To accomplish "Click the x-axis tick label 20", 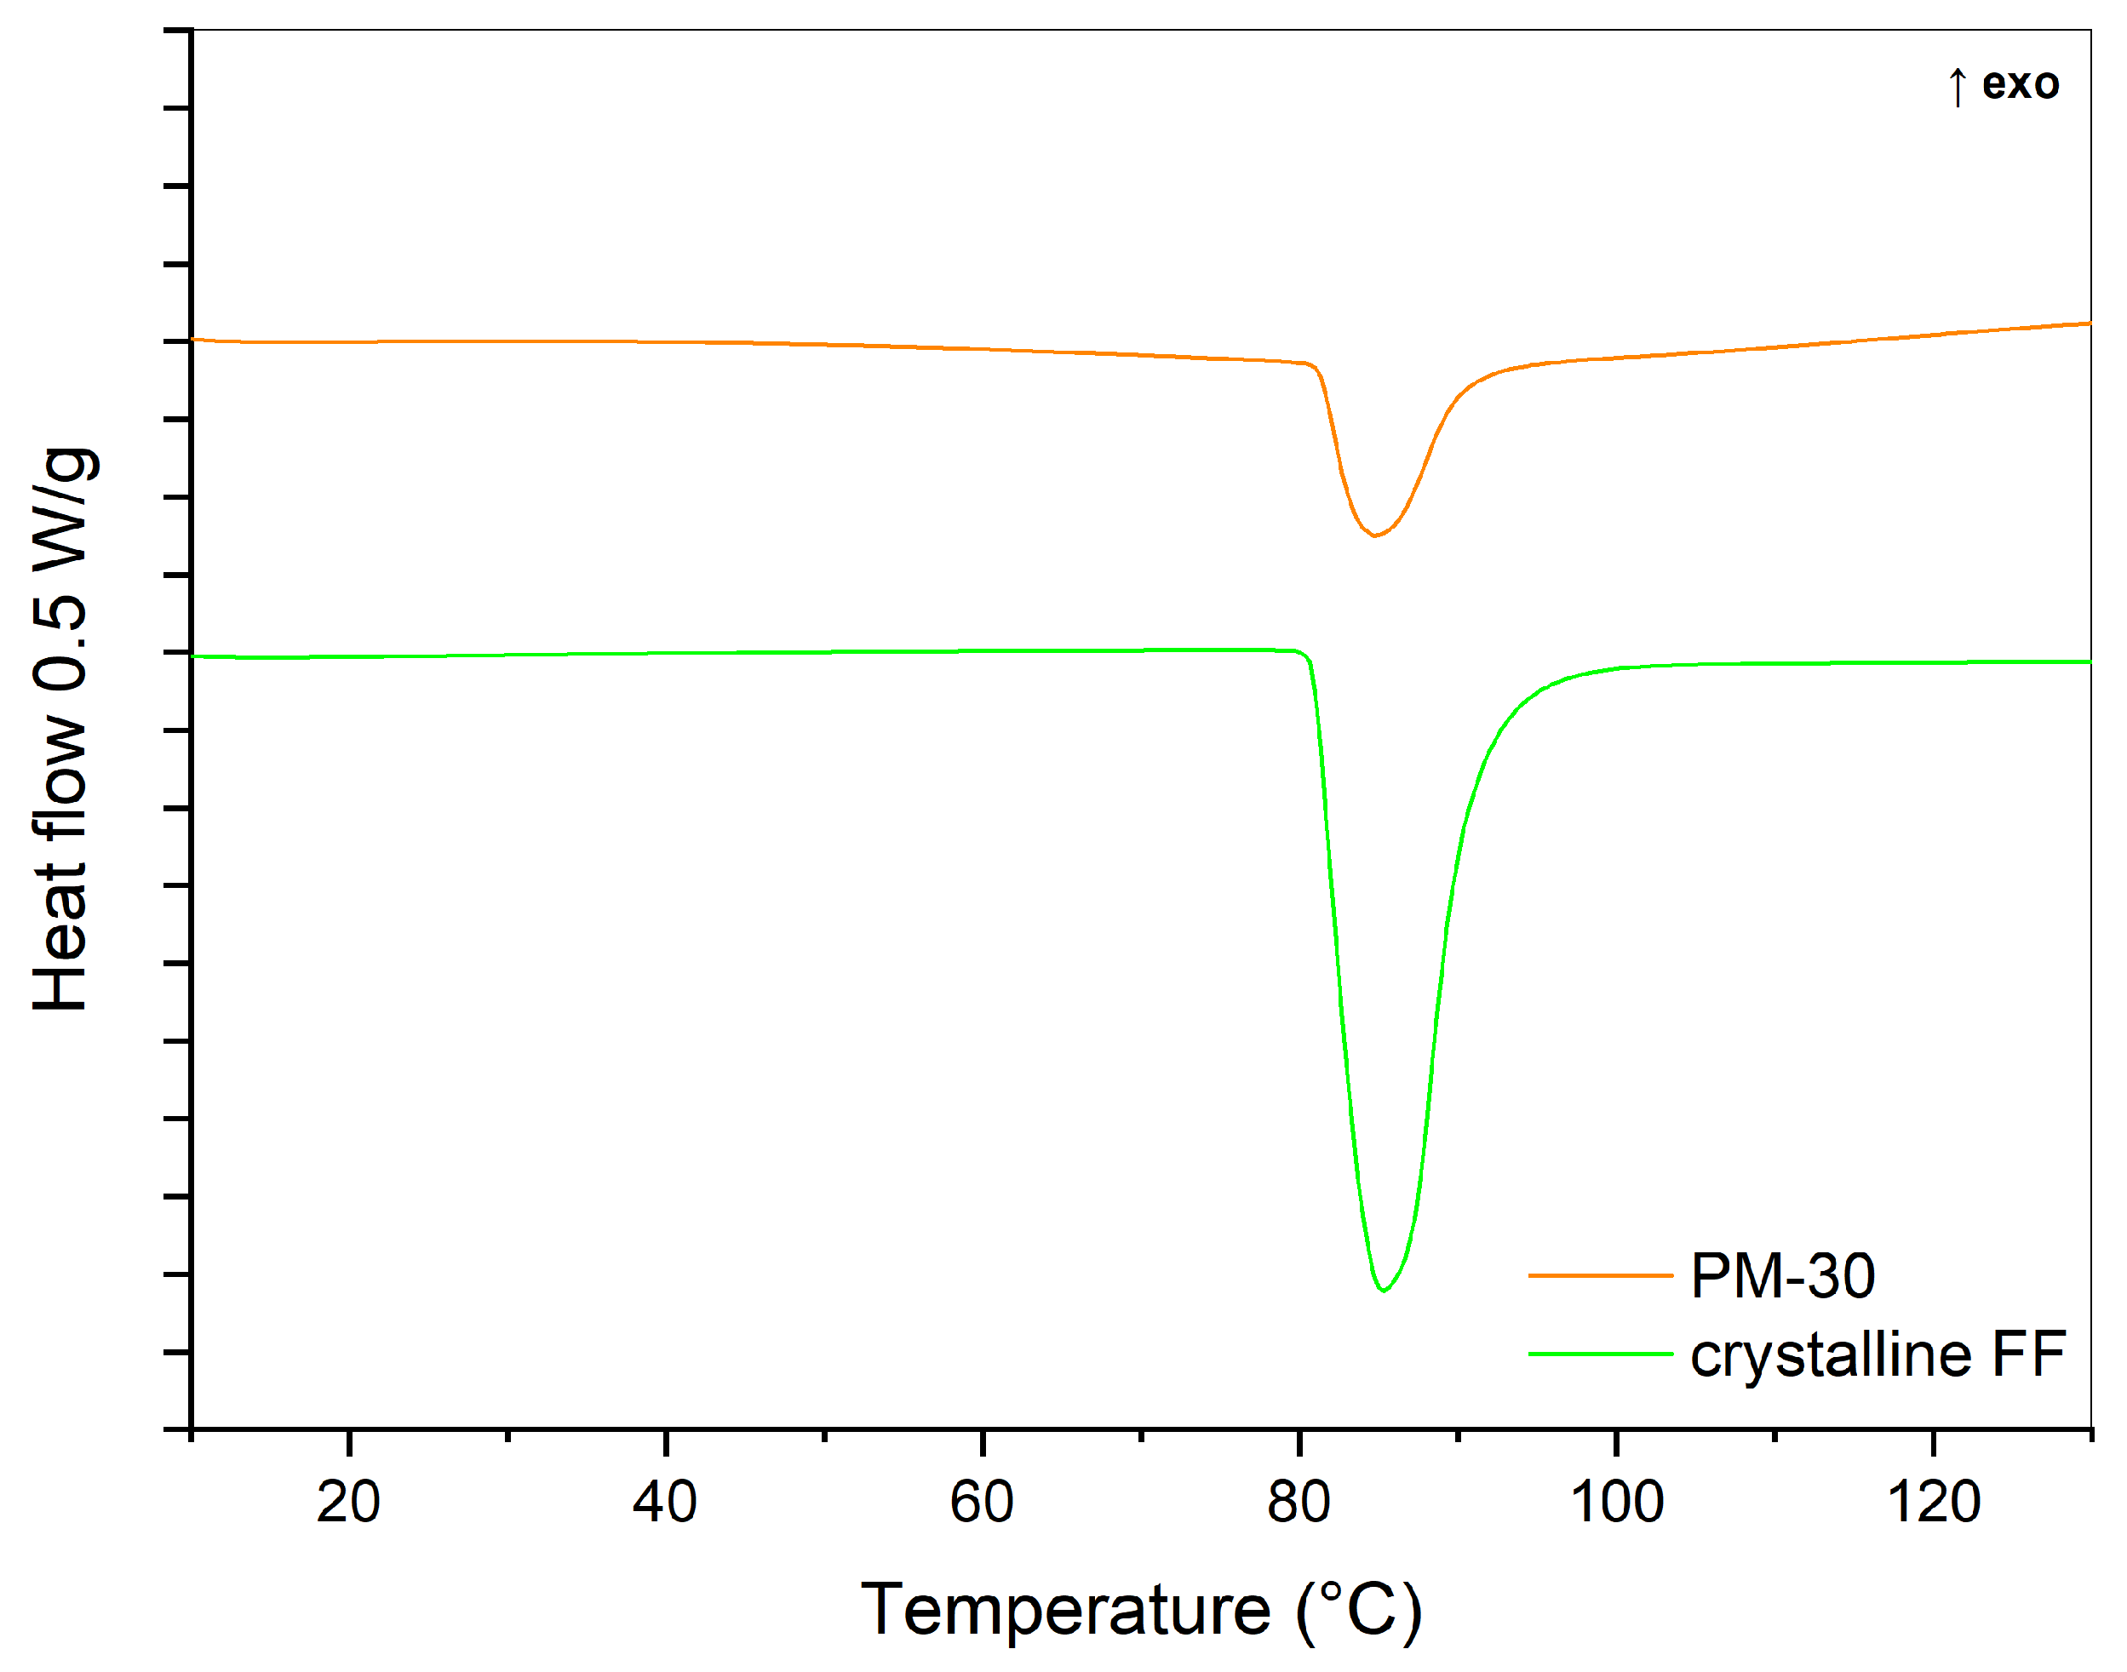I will [347, 1503].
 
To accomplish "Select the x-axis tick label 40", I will [665, 1503].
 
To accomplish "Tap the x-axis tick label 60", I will [982, 1503].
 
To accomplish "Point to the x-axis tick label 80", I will [1299, 1503].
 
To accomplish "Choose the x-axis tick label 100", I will [1617, 1503].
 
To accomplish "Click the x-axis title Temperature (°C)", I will [1141, 1611].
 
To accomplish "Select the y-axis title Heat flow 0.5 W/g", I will [60, 730].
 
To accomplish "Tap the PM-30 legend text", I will [1782, 1276].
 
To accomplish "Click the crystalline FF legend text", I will [1878, 1354].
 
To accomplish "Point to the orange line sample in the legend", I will [1601, 1276].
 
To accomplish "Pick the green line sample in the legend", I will [1601, 1354].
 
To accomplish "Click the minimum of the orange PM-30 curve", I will [1374, 535].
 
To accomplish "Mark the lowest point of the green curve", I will [1383, 1291].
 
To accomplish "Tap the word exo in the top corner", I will [2021, 84].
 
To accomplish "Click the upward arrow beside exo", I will [1957, 86].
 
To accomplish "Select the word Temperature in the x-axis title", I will [1066, 1611].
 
